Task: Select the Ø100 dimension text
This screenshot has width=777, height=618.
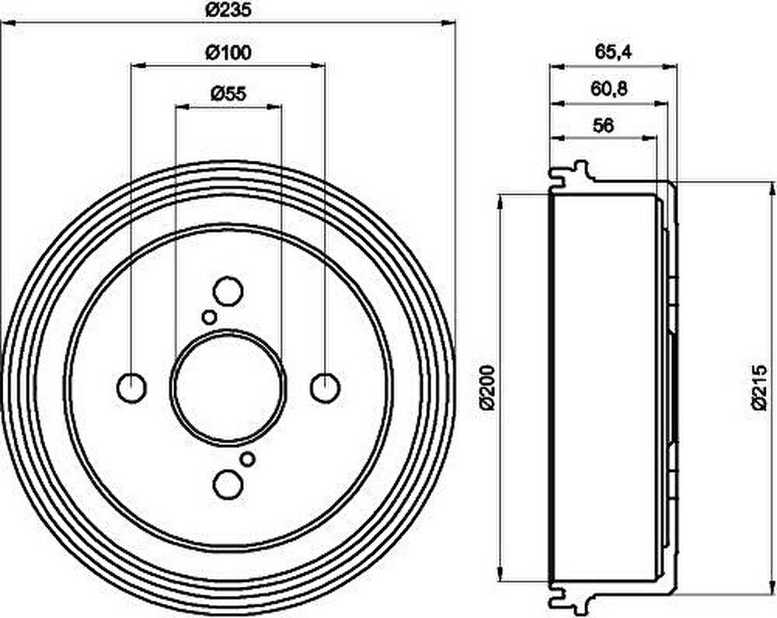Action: point(228,52)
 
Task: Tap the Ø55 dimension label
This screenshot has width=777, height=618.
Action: point(228,93)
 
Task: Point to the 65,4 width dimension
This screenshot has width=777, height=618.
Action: point(613,52)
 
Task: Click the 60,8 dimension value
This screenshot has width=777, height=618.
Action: point(609,89)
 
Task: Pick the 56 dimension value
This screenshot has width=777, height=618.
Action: point(604,126)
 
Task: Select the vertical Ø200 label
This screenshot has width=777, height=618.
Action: point(488,387)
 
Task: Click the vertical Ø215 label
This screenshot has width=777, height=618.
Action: point(758,387)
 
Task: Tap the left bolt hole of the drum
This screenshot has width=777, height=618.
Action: point(132,387)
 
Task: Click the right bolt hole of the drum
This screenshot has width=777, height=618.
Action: point(325,387)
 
